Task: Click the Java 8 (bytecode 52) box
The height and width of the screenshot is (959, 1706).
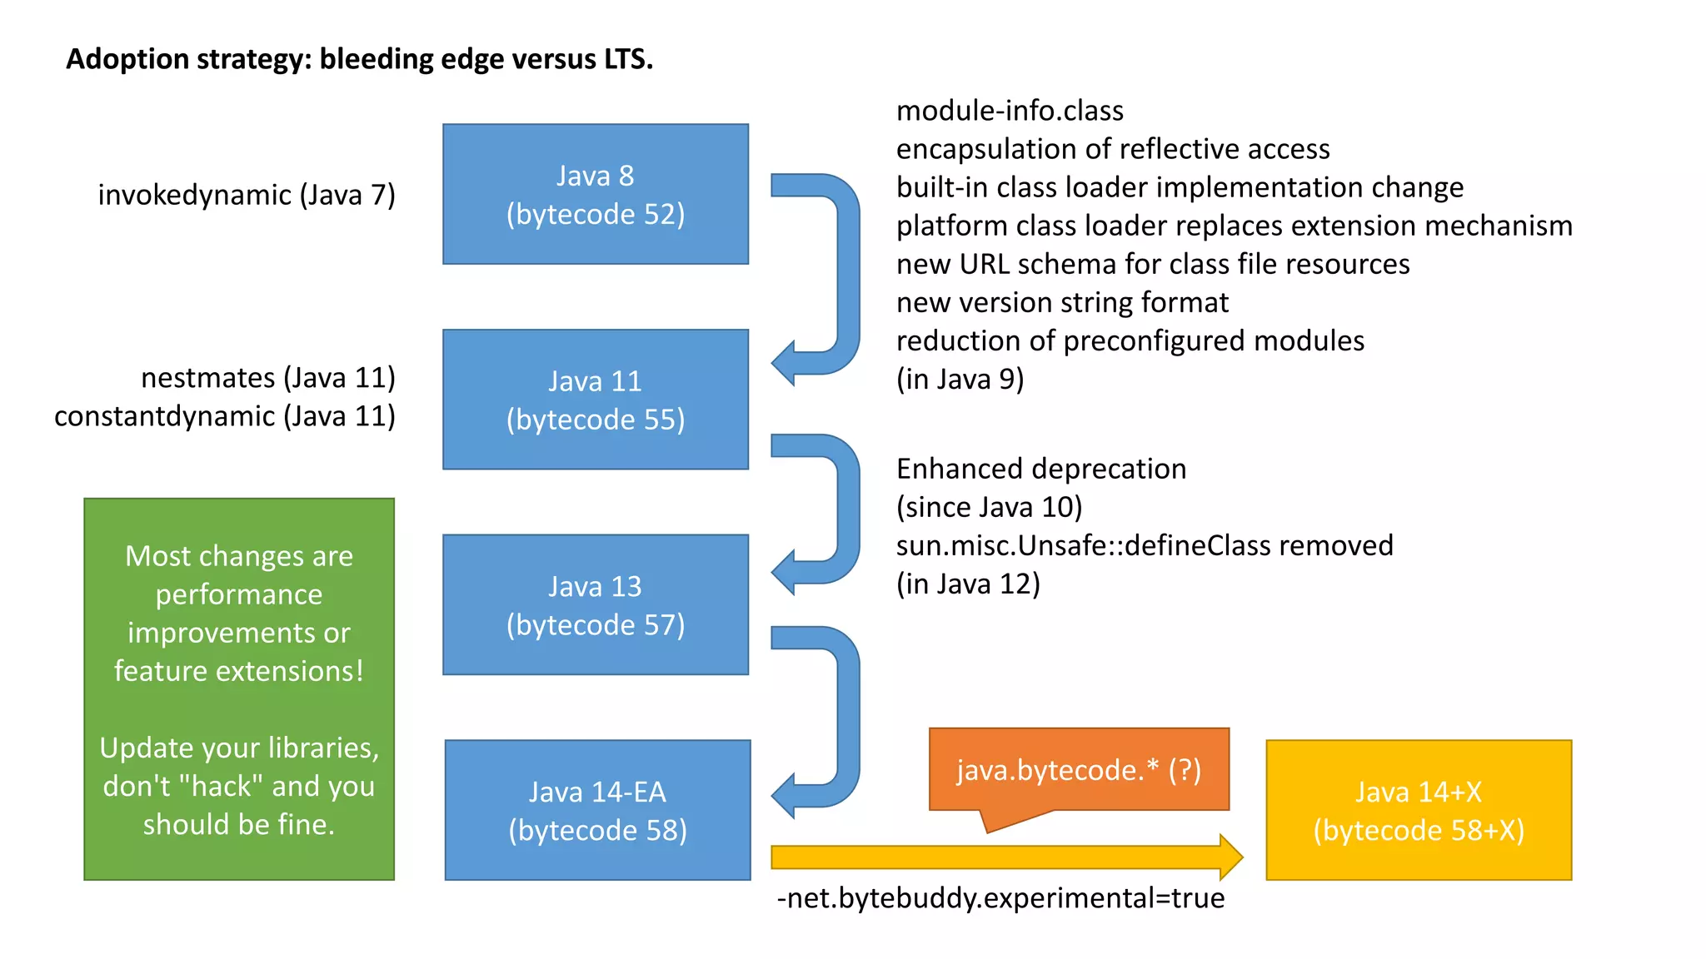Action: pyautogui.click(x=595, y=194)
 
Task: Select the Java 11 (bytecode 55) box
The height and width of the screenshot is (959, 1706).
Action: pyautogui.click(x=595, y=400)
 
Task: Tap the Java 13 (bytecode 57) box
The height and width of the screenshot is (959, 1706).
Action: pyautogui.click(x=595, y=604)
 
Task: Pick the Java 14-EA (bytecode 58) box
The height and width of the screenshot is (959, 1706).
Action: pyautogui.click(x=597, y=810)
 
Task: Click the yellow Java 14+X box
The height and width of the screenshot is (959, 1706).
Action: pyautogui.click(x=1418, y=810)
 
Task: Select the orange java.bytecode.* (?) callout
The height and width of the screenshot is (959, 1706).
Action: pyautogui.click(x=1078, y=769)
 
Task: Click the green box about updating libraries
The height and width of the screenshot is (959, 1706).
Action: pyautogui.click(x=239, y=689)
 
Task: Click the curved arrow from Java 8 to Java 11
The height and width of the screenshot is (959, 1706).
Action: pyautogui.click(x=846, y=275)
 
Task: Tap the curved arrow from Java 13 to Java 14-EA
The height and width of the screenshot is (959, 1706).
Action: pyautogui.click(x=846, y=716)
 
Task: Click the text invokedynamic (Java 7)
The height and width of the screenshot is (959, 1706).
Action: pyautogui.click(x=247, y=195)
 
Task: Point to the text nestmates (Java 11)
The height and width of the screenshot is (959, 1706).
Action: pyautogui.click(x=267, y=378)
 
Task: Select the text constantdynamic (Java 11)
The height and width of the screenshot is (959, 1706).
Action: pyautogui.click(x=225, y=416)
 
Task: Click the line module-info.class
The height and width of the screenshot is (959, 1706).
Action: pyautogui.click(x=1010, y=111)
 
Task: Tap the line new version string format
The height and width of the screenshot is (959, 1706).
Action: pyautogui.click(x=1062, y=302)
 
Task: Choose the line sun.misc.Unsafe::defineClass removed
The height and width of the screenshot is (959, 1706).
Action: pyautogui.click(x=1144, y=545)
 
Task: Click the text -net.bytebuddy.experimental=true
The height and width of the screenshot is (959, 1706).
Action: pyautogui.click(x=1000, y=898)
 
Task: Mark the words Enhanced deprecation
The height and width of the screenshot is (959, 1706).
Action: pyautogui.click(x=1040, y=469)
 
